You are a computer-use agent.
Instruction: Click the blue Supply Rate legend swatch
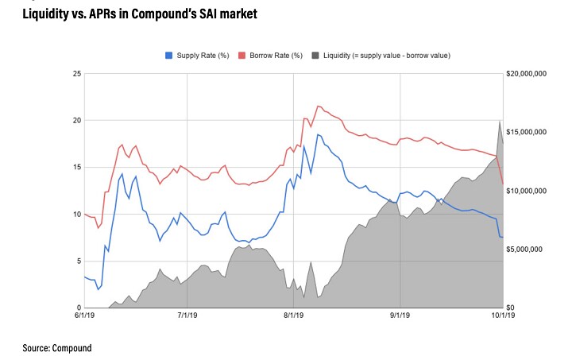click(168, 55)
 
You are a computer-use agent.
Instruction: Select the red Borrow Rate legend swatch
click(243, 55)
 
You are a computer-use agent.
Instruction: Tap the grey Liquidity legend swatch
click(316, 55)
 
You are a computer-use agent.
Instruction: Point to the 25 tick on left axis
click(76, 74)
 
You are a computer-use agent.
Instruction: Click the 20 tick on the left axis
click(76, 121)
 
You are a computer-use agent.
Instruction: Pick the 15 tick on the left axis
click(76, 168)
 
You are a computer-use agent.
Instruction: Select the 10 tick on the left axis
click(76, 215)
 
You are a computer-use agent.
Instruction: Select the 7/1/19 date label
click(187, 315)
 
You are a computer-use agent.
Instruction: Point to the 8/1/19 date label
click(294, 315)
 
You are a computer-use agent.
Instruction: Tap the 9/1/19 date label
click(400, 315)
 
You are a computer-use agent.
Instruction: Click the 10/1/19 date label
click(502, 315)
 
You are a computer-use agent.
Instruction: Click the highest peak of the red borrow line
click(318, 106)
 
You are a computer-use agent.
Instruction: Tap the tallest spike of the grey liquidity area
click(499, 122)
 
